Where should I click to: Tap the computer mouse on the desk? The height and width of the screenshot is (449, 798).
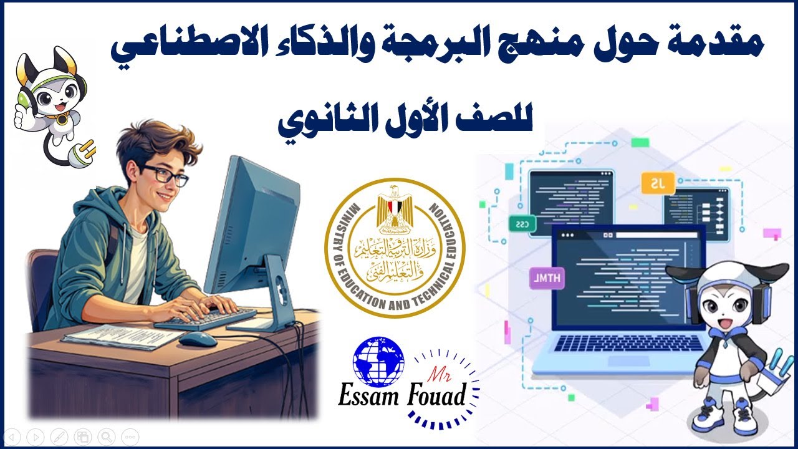[x=199, y=339]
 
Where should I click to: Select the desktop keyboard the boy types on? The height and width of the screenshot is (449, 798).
[x=205, y=318]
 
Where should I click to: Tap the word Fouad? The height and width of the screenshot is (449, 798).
[x=439, y=396]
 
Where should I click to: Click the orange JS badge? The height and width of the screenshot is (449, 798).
[x=658, y=184]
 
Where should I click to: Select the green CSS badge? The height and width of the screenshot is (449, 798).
[x=522, y=223]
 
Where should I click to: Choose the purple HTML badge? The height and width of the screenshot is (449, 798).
[x=547, y=279]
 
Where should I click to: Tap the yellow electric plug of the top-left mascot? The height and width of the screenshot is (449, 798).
[x=85, y=148]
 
